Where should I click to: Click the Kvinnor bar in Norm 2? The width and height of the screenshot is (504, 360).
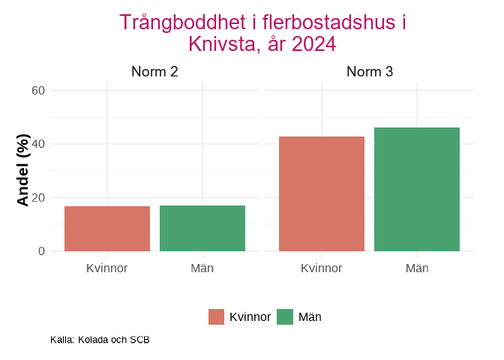tap(107, 229)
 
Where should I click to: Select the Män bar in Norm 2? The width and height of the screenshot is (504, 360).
tap(202, 229)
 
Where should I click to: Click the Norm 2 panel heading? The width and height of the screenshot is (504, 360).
tap(154, 73)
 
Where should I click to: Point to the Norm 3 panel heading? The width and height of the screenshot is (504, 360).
tap(370, 73)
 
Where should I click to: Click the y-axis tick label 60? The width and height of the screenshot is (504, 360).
tap(38, 91)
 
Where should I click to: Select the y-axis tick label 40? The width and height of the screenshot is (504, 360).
tap(38, 144)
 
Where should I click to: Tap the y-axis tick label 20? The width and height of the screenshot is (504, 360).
tap(38, 198)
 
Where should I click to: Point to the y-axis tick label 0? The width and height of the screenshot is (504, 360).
tap(42, 251)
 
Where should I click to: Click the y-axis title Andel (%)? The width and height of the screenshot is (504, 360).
tap(23, 170)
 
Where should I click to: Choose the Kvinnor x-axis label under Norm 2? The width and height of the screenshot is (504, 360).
tap(107, 268)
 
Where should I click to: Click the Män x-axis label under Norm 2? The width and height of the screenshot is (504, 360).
tap(202, 268)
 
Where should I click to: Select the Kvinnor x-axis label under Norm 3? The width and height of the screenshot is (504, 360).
tap(322, 268)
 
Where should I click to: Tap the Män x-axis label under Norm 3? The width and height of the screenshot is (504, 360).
tap(417, 268)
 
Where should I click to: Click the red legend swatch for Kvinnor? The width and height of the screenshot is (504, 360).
tap(217, 317)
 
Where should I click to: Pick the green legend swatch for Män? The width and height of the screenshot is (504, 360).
tap(285, 317)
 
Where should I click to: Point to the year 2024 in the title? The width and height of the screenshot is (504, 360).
tap(314, 44)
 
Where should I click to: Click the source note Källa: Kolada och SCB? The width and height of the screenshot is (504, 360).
tap(100, 340)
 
